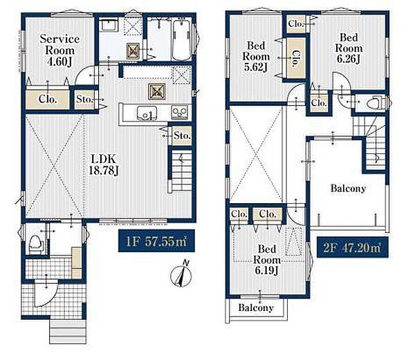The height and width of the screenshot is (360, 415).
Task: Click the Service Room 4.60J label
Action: coord(59,50)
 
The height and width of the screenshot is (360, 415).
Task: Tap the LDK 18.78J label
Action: coord(103,165)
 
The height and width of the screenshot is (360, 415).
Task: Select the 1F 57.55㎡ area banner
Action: coord(156,240)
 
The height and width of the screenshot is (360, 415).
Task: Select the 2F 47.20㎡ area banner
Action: coord(352,247)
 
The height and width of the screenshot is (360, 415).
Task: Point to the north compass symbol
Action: coord(181,275)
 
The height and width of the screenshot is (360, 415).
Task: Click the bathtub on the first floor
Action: coord(181,40)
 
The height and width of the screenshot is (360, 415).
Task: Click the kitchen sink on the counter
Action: coord(147,113)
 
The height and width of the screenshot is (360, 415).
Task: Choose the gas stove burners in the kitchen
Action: coord(180,112)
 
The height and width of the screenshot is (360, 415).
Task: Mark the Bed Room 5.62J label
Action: coord(256,56)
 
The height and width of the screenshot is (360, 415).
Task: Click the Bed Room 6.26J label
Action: coord(349,48)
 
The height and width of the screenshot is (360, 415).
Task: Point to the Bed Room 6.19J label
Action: coord(267,260)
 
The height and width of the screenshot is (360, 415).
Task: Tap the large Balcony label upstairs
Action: coord(348,189)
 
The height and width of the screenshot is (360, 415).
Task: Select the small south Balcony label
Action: coord(256,307)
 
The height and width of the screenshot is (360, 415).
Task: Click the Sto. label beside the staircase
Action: coord(182,135)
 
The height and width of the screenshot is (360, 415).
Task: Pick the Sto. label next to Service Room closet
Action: coord(84,100)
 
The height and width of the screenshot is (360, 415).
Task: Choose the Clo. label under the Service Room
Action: coord(48,100)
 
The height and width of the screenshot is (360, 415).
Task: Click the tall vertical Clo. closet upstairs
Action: coord(295,58)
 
